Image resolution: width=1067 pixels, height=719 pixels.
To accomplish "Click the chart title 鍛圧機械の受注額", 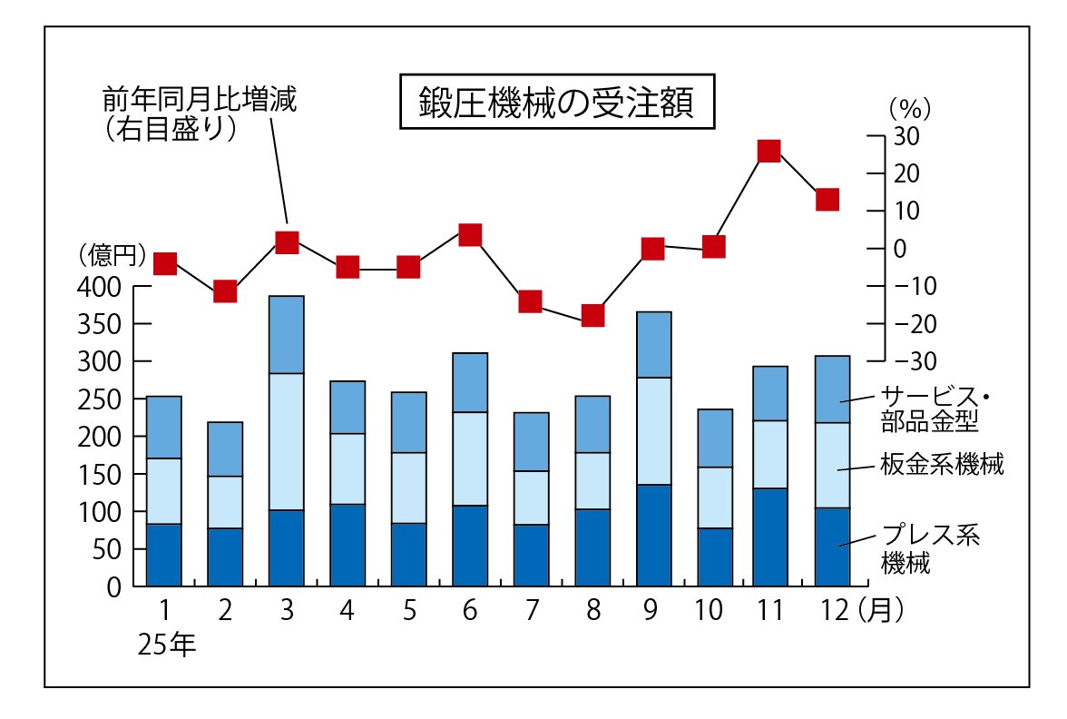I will click(556, 103).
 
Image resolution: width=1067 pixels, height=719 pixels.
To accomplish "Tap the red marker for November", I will click(768, 151).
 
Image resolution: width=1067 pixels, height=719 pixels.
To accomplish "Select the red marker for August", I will click(592, 316).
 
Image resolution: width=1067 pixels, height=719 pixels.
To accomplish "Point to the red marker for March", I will click(287, 242).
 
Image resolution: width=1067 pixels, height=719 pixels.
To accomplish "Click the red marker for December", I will click(827, 200).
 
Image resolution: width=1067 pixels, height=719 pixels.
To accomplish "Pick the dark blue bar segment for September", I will click(653, 536).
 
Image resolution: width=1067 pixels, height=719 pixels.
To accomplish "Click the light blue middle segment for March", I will click(287, 441).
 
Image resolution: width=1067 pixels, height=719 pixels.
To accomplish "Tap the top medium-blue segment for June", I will click(470, 382).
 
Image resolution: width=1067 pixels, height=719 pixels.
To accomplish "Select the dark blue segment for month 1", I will click(164, 555).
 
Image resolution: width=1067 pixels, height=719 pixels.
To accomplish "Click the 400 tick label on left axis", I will click(101, 287).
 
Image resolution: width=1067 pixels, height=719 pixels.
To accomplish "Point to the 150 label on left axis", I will click(101, 474).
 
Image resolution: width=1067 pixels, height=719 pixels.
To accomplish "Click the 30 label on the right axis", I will click(907, 136).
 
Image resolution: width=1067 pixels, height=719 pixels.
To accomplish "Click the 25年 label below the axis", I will click(167, 645).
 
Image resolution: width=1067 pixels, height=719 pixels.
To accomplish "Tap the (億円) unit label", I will click(113, 255).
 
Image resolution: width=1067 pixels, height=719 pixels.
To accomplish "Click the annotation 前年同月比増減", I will click(200, 99).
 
